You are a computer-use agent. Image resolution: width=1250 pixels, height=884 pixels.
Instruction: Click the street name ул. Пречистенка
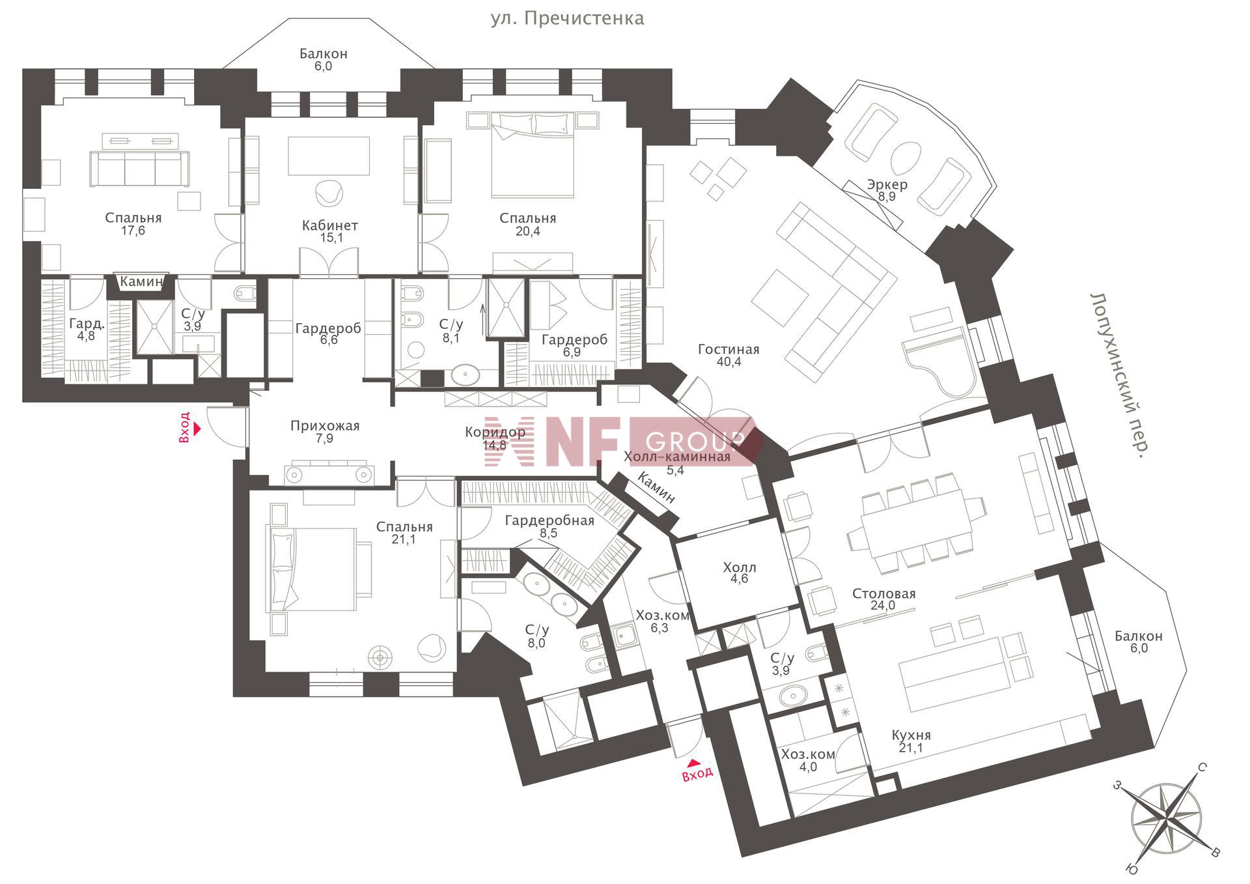pos(567,18)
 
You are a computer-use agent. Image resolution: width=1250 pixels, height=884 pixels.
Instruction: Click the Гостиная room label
pos(729,349)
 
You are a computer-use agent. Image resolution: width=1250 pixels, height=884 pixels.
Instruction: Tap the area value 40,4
pos(729,362)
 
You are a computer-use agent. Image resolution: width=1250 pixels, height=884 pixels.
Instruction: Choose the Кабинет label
pos(330,225)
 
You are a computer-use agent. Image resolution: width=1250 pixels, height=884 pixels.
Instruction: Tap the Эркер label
pos(887,184)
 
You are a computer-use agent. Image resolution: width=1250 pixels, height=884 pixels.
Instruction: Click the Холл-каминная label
pos(677,457)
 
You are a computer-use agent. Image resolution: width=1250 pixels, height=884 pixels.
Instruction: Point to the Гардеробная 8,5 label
pos(549,526)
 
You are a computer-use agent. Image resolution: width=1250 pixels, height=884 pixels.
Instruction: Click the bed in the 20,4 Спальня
pos(533,154)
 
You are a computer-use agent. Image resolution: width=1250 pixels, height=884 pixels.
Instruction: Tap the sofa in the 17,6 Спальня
pos(139,169)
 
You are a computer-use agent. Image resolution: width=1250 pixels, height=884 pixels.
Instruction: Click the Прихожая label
pos(325,426)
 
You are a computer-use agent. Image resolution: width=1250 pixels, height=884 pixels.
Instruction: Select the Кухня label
pos(911,735)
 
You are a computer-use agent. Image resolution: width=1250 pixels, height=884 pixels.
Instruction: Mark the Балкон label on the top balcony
pos(324,53)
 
